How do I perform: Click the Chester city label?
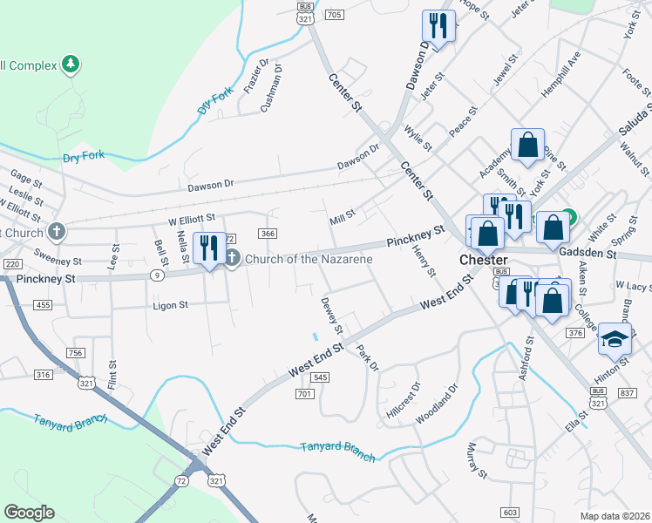coord(483,261)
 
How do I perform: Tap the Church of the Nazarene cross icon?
coord(233,256)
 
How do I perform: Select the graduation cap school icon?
coord(615,340)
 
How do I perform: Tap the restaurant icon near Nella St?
coord(208,248)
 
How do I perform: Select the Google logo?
coord(29,513)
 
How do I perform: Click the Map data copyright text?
coord(615,515)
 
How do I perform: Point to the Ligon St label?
coord(171,305)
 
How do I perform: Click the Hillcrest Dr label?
coord(403,397)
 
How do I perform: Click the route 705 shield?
coord(333,15)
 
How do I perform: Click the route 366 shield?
coord(268,233)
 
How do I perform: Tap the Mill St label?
coord(343,214)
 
